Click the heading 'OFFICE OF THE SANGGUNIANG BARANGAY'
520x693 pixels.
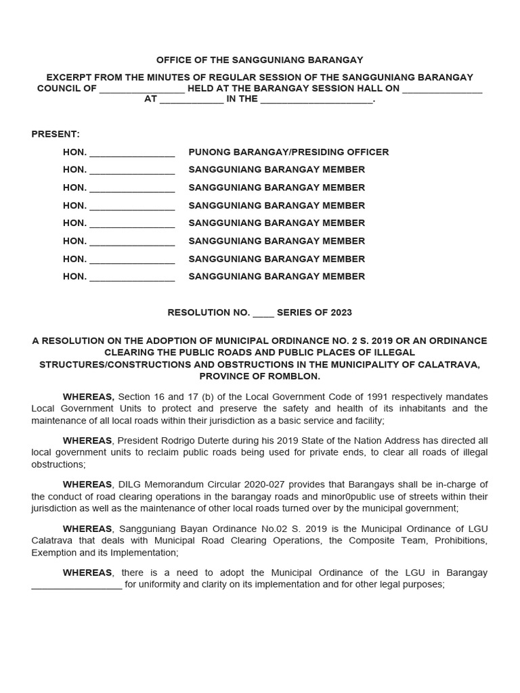click(x=260, y=60)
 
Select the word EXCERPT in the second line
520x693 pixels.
click(x=69, y=78)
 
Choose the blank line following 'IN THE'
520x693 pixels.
click(x=316, y=99)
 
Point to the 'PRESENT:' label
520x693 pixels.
click(x=56, y=134)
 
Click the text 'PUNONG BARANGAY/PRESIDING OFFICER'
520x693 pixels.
click(x=288, y=152)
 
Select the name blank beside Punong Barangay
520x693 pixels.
click(x=132, y=153)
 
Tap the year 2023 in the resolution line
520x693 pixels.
click(x=341, y=313)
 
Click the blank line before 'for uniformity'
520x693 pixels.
click(x=77, y=585)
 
